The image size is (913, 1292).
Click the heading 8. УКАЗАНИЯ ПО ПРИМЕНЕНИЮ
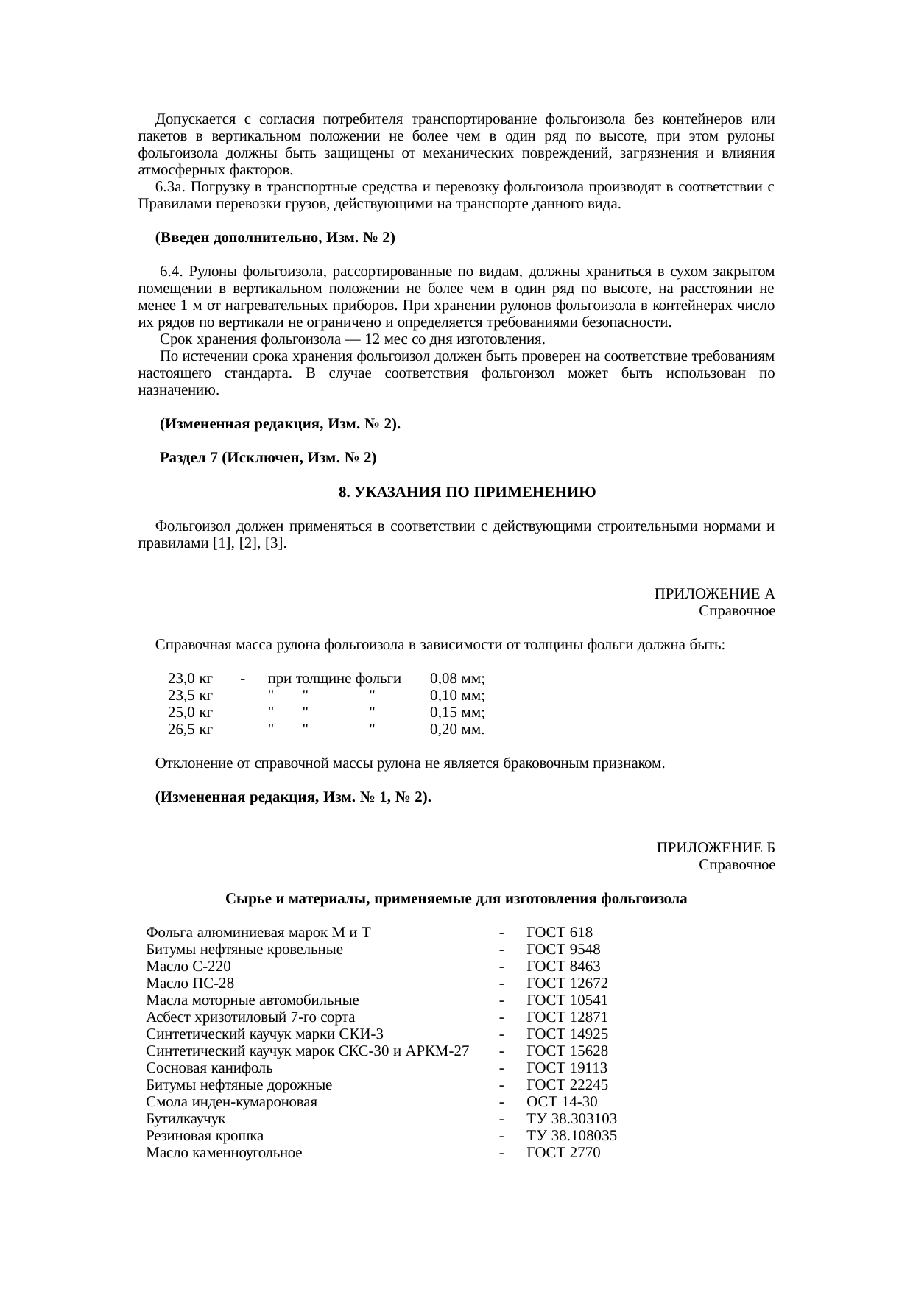pyautogui.click(x=467, y=492)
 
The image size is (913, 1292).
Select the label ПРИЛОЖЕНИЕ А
pyautogui.click(x=714, y=594)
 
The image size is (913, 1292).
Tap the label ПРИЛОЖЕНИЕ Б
pyautogui.click(x=716, y=848)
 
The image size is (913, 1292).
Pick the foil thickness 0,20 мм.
pyautogui.click(x=456, y=730)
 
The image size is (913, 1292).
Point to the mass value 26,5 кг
pyautogui.click(x=190, y=730)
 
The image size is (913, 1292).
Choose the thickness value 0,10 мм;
pyautogui.click(x=456, y=696)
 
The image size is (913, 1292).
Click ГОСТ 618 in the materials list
pyautogui.click(x=559, y=933)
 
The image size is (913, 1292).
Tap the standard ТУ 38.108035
pyautogui.click(x=571, y=1136)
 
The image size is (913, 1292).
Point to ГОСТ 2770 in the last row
pyautogui.click(x=563, y=1153)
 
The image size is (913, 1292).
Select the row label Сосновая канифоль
pyautogui.click(x=209, y=1068)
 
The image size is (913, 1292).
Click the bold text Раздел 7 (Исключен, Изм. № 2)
pyautogui.click(x=268, y=458)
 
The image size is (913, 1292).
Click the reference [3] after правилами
pyautogui.click(x=275, y=544)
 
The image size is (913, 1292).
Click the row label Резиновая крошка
pyautogui.click(x=205, y=1136)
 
